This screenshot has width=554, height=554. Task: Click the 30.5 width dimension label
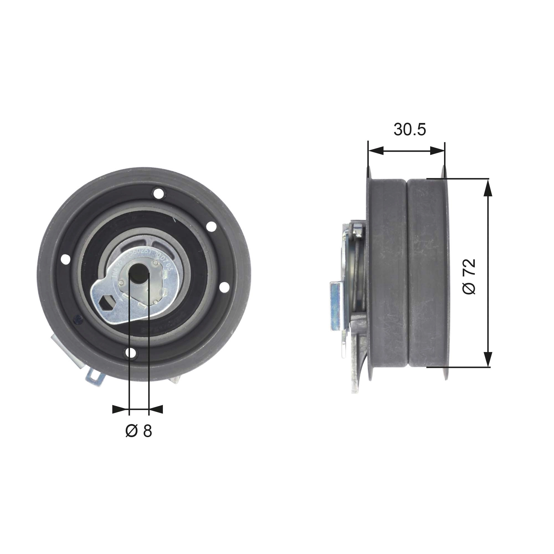coord(409,129)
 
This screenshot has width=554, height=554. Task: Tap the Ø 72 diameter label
coord(470,277)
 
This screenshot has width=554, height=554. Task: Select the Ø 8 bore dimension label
coord(139,431)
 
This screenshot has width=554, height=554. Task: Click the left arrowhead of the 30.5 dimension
coord(376,150)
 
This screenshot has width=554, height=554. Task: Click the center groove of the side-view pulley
coord(407,272)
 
